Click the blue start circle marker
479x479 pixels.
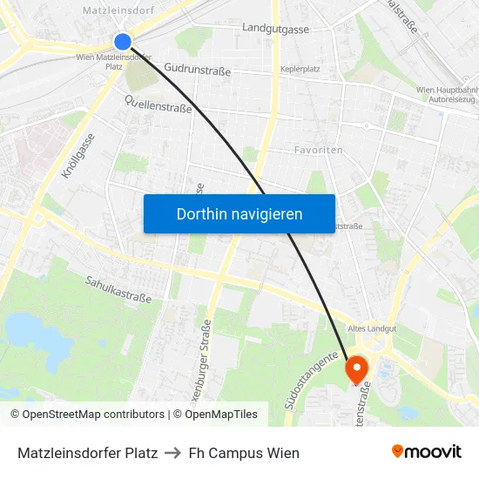click(x=123, y=41)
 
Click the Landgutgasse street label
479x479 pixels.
click(x=276, y=30)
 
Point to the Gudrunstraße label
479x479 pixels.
click(x=197, y=69)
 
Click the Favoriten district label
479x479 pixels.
click(x=318, y=150)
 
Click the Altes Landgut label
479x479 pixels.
click(x=372, y=328)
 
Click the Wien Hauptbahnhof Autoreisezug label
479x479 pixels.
click(x=447, y=95)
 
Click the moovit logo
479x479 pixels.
click(x=426, y=452)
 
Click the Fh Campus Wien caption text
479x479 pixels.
click(x=244, y=453)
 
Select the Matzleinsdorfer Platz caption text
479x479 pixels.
click(x=87, y=453)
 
